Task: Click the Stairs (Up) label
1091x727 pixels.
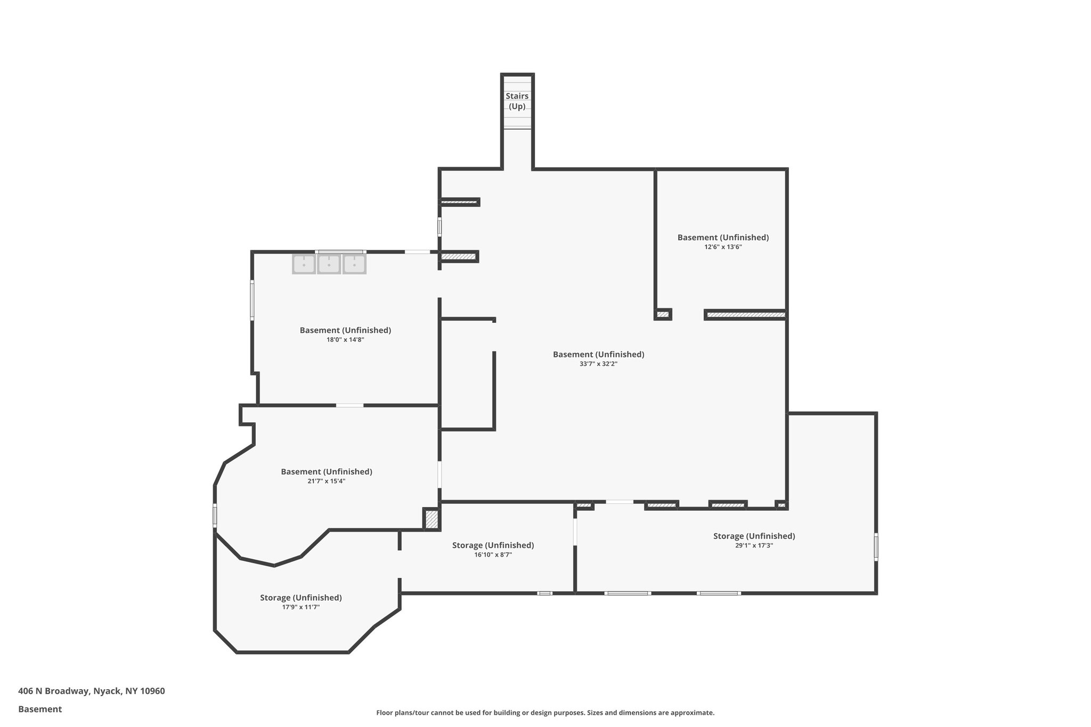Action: (x=517, y=101)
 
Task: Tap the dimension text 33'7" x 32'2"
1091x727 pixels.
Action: (x=598, y=364)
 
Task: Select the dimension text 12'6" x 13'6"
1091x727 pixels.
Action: (x=723, y=247)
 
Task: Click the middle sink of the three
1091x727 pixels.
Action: (x=329, y=264)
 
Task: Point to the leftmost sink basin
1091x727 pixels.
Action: (x=304, y=264)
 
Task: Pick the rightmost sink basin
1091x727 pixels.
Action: (x=354, y=264)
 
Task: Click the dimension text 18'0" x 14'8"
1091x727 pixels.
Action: (x=345, y=339)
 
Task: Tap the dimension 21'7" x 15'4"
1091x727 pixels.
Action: (x=327, y=481)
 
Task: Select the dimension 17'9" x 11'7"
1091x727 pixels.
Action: (x=300, y=607)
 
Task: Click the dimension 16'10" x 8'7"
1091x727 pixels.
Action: (x=493, y=555)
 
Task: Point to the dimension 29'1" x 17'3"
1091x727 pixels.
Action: (x=754, y=545)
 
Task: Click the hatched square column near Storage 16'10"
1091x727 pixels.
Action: (x=431, y=519)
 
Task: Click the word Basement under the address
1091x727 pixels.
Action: (x=40, y=709)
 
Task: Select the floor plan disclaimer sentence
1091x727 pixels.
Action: (x=545, y=713)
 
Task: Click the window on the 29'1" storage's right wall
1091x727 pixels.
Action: (x=876, y=546)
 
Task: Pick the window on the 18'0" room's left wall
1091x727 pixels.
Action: (x=253, y=300)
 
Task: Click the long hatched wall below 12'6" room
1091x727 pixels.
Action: (x=745, y=315)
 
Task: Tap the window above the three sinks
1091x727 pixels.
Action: (x=339, y=252)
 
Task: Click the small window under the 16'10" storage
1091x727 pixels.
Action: (x=544, y=593)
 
